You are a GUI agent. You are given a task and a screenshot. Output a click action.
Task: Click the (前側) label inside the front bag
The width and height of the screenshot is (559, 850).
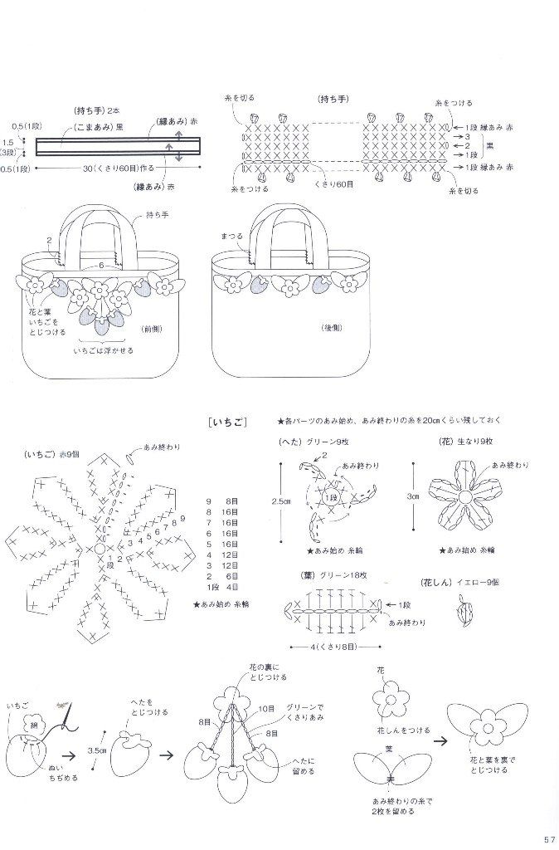[153, 328]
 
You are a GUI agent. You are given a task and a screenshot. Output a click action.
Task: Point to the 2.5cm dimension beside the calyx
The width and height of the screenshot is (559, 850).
[281, 502]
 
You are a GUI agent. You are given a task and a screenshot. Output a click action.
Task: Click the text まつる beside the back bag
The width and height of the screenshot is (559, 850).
[232, 237]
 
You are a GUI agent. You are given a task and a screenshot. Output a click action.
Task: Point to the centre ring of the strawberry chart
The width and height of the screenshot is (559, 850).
[100, 549]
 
